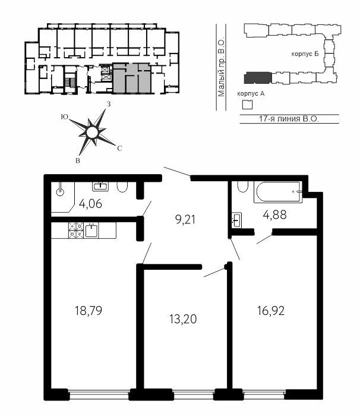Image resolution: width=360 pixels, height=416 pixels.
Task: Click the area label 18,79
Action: coord(89,310)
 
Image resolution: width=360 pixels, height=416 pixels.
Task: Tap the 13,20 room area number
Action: coord(183,319)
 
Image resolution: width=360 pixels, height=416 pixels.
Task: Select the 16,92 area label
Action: coord(271,310)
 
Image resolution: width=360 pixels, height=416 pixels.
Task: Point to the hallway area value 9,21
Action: coord(185,219)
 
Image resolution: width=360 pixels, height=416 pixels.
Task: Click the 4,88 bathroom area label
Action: coord(274,215)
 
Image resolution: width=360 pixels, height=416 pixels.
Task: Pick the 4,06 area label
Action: coord(90,204)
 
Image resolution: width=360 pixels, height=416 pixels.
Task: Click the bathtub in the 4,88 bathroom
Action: coord(278,192)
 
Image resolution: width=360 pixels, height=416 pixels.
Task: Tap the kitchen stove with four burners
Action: coord(76,231)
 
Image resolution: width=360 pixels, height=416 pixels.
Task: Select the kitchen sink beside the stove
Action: coord(91,231)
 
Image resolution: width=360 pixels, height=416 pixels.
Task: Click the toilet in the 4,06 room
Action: coord(122,187)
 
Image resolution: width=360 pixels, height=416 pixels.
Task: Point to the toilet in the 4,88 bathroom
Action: coord(243,186)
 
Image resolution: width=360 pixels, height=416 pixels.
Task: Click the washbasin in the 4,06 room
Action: coord(100,186)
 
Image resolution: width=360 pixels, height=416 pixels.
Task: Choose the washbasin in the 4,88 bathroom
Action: coord(236,220)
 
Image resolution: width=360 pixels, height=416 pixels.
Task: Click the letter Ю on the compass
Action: coord(64,116)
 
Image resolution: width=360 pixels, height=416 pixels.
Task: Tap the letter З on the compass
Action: coord(108,104)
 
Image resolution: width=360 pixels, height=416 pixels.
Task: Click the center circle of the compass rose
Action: coord(92,133)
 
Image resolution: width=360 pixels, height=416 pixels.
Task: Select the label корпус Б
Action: coord(305,54)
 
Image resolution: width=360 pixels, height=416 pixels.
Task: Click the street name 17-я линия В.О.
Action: coord(289,119)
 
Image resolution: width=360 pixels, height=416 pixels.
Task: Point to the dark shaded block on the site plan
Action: coord(258,78)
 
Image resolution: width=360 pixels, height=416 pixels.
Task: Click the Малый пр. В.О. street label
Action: coord(221,68)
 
